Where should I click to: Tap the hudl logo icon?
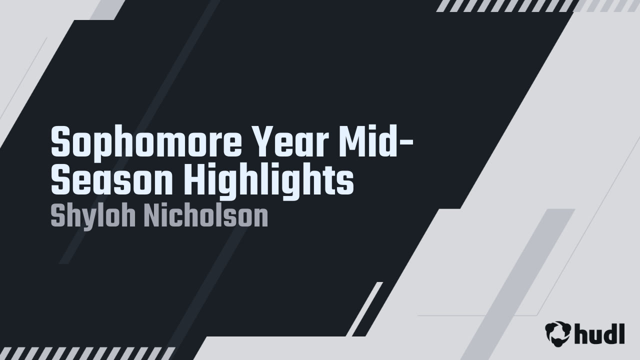coord(557,332)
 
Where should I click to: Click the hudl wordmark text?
coord(599,333)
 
